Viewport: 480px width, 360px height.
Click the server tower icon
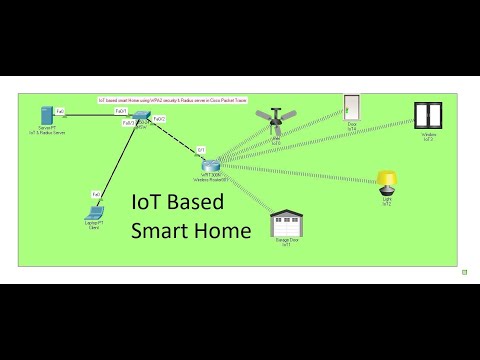tap(46, 115)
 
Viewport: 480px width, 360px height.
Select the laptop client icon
tap(96, 211)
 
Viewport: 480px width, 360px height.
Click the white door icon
tap(351, 109)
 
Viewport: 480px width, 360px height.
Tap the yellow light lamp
tap(387, 182)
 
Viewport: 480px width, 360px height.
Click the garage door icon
tap(288, 225)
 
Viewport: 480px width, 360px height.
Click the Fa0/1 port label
tap(120, 111)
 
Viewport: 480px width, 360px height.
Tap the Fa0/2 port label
tap(160, 119)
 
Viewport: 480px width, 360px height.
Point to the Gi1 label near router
tap(201, 149)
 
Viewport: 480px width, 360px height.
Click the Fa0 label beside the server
tap(60, 111)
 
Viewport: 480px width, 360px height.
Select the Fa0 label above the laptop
tap(96, 194)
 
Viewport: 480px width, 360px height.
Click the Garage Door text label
tap(288, 242)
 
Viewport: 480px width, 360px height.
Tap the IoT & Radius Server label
tap(46, 133)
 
